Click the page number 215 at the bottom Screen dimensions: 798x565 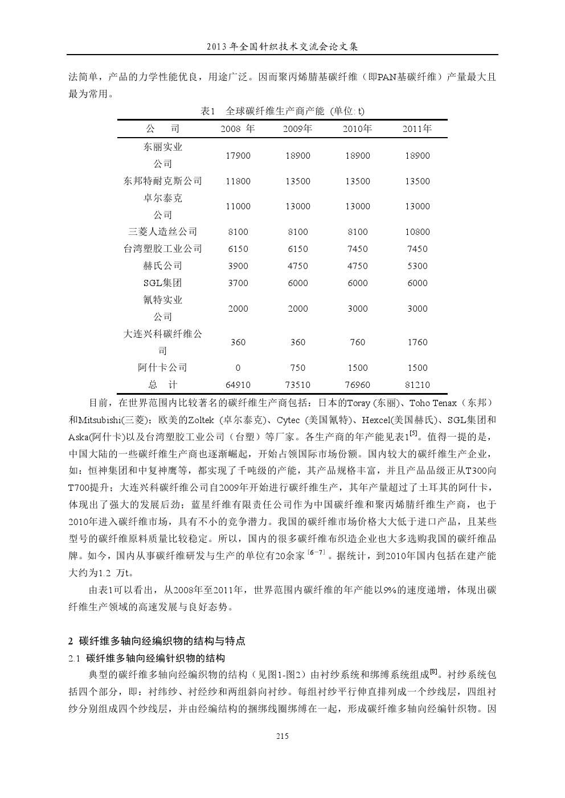click(282, 736)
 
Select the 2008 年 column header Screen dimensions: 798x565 click(238, 129)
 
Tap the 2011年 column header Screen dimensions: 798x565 click(417, 129)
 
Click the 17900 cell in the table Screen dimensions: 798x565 click(238, 155)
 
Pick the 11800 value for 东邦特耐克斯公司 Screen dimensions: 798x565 click(238, 181)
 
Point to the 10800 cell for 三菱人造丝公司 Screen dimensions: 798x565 click(417, 231)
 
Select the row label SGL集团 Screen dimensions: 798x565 click(163, 283)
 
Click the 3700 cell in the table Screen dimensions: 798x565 click(238, 283)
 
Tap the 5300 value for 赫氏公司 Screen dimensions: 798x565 click(417, 266)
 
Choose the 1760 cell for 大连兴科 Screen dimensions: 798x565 click(417, 342)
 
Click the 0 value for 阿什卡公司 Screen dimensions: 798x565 click(238, 367)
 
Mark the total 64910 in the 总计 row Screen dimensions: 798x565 click(238, 384)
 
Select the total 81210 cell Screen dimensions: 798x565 click(417, 384)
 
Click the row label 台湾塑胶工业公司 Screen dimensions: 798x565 click(163, 249)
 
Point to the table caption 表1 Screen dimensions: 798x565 click(208, 111)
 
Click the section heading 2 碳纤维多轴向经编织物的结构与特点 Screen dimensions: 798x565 click(157, 641)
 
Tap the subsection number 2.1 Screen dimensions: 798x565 click(74, 658)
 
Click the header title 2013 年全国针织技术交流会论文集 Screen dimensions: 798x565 click(282, 46)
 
